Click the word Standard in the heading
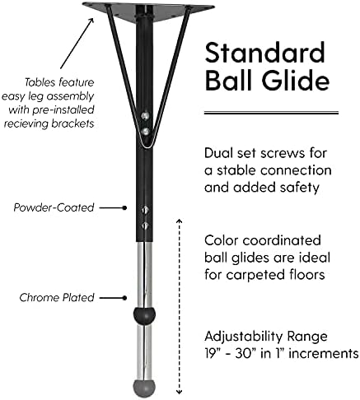(x=264, y=53)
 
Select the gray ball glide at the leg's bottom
(x=144, y=388)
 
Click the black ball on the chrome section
(x=144, y=316)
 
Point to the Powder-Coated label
(x=54, y=207)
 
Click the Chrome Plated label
(x=57, y=297)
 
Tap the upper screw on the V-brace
(x=145, y=116)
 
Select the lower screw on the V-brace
(x=146, y=131)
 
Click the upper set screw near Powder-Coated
(x=145, y=210)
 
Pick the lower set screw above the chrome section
(x=145, y=226)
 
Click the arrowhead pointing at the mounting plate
(x=91, y=21)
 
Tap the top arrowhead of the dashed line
(x=180, y=221)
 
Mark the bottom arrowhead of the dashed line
(x=180, y=393)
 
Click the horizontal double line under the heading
(x=271, y=113)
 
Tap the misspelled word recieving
(x=26, y=123)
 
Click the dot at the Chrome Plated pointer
(x=124, y=298)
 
